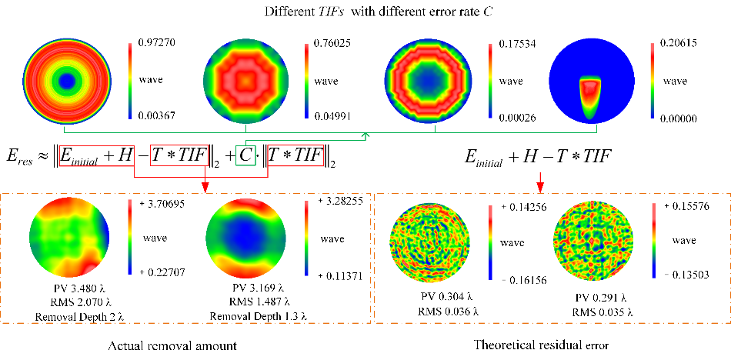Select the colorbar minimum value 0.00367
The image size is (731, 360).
pyautogui.click(x=159, y=115)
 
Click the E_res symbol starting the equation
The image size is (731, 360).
pyautogui.click(x=20, y=157)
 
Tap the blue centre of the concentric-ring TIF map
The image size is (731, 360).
pyautogui.click(x=68, y=80)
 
